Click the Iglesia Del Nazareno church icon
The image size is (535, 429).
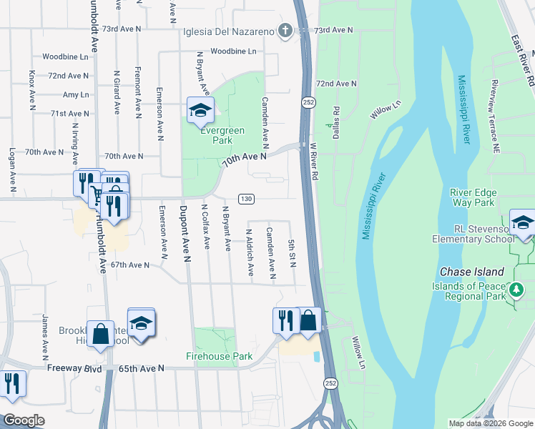tap(285, 31)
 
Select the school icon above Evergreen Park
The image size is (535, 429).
tap(200, 110)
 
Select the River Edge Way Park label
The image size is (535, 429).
tap(473, 197)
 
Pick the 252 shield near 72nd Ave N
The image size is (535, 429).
tap(307, 102)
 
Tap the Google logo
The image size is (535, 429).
tap(24, 420)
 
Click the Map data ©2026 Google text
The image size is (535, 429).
tap(491, 423)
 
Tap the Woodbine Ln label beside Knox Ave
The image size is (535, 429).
tap(65, 56)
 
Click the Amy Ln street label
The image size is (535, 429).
tap(76, 94)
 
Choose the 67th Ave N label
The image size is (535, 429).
tap(129, 265)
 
